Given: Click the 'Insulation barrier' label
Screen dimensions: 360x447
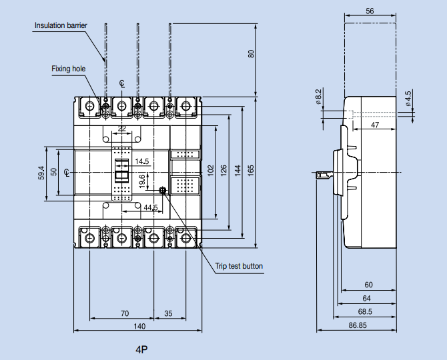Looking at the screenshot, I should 60,25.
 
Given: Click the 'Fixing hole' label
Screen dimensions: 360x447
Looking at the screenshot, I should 67,69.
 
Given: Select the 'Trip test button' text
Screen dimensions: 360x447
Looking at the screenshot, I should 239,267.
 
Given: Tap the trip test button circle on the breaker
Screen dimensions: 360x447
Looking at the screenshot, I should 163,191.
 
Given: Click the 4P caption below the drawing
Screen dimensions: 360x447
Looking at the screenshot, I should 141,349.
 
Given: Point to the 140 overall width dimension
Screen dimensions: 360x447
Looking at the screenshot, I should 139,326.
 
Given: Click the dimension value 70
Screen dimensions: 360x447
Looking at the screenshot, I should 125,313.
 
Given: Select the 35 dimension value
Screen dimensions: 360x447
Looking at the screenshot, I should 168,313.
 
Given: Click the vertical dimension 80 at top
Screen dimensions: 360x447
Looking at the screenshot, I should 252,54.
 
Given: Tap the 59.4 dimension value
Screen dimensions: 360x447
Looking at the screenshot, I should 41,173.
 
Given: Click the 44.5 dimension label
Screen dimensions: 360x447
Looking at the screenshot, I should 151,208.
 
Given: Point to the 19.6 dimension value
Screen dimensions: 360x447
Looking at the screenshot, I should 141,181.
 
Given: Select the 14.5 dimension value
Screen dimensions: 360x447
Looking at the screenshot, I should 141,161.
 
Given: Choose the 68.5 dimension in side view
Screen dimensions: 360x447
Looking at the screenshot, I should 364,311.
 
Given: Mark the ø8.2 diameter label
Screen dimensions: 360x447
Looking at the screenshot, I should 318,97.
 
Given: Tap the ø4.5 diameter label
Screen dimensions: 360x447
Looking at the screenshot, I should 408,98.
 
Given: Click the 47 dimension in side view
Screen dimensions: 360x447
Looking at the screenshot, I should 375,125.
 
